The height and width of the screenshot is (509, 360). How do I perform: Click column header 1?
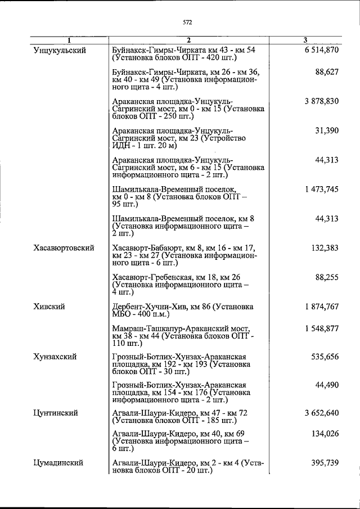click(69, 40)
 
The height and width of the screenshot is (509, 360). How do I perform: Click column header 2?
click(189, 40)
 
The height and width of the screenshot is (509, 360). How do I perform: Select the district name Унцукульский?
click(60, 50)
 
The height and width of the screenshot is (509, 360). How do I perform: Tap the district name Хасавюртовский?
click(63, 247)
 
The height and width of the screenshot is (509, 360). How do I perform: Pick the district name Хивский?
click(49, 307)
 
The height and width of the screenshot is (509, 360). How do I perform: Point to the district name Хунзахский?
click(55, 357)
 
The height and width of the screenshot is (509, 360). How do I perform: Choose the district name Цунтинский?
click(55, 413)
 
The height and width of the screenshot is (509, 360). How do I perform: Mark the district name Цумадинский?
click(58, 462)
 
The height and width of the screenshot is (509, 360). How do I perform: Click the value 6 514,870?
click(322, 50)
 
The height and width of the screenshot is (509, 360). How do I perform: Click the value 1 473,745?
click(322, 190)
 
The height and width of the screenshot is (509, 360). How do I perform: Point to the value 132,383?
click(325, 247)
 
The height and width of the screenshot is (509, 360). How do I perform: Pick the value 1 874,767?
click(322, 307)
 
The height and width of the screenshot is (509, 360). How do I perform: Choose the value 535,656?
click(325, 357)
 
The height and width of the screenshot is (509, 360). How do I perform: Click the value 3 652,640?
click(322, 413)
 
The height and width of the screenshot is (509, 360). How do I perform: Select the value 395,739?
click(325, 462)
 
